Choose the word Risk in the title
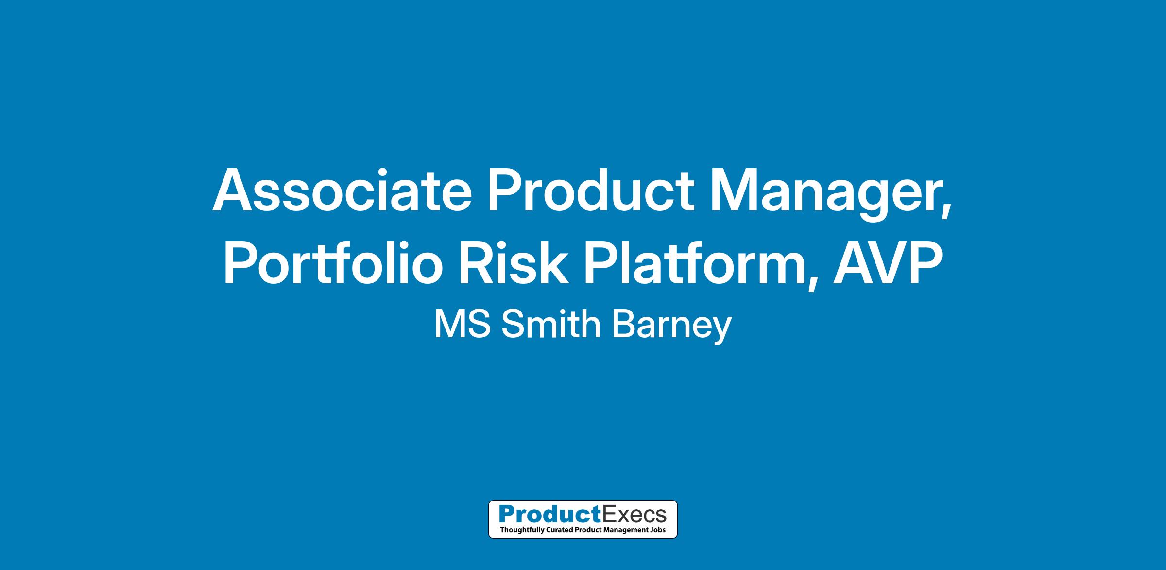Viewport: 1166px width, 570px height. tap(513, 262)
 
